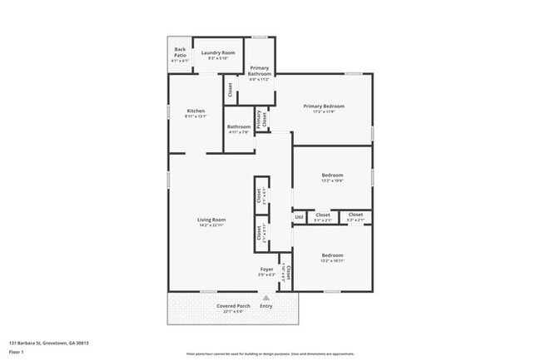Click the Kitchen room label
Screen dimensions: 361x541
pos(196,111)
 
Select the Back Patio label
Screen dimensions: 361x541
pos(180,52)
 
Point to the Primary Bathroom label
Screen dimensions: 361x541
pos(260,70)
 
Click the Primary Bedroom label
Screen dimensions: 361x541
pos(324,106)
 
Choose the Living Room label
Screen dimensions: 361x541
pos(211,220)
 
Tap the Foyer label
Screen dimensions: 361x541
pos(267,270)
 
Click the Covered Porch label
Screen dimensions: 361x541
pos(234,306)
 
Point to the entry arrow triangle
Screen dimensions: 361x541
pos(266,296)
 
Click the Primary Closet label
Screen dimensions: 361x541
pos(259,119)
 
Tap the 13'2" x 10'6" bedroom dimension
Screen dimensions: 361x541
pos(333,180)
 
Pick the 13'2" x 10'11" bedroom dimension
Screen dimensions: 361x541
pos(333,260)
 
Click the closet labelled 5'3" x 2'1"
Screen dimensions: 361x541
pos(355,220)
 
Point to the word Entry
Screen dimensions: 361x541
pos(266,306)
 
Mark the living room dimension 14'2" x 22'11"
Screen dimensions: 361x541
pos(211,225)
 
